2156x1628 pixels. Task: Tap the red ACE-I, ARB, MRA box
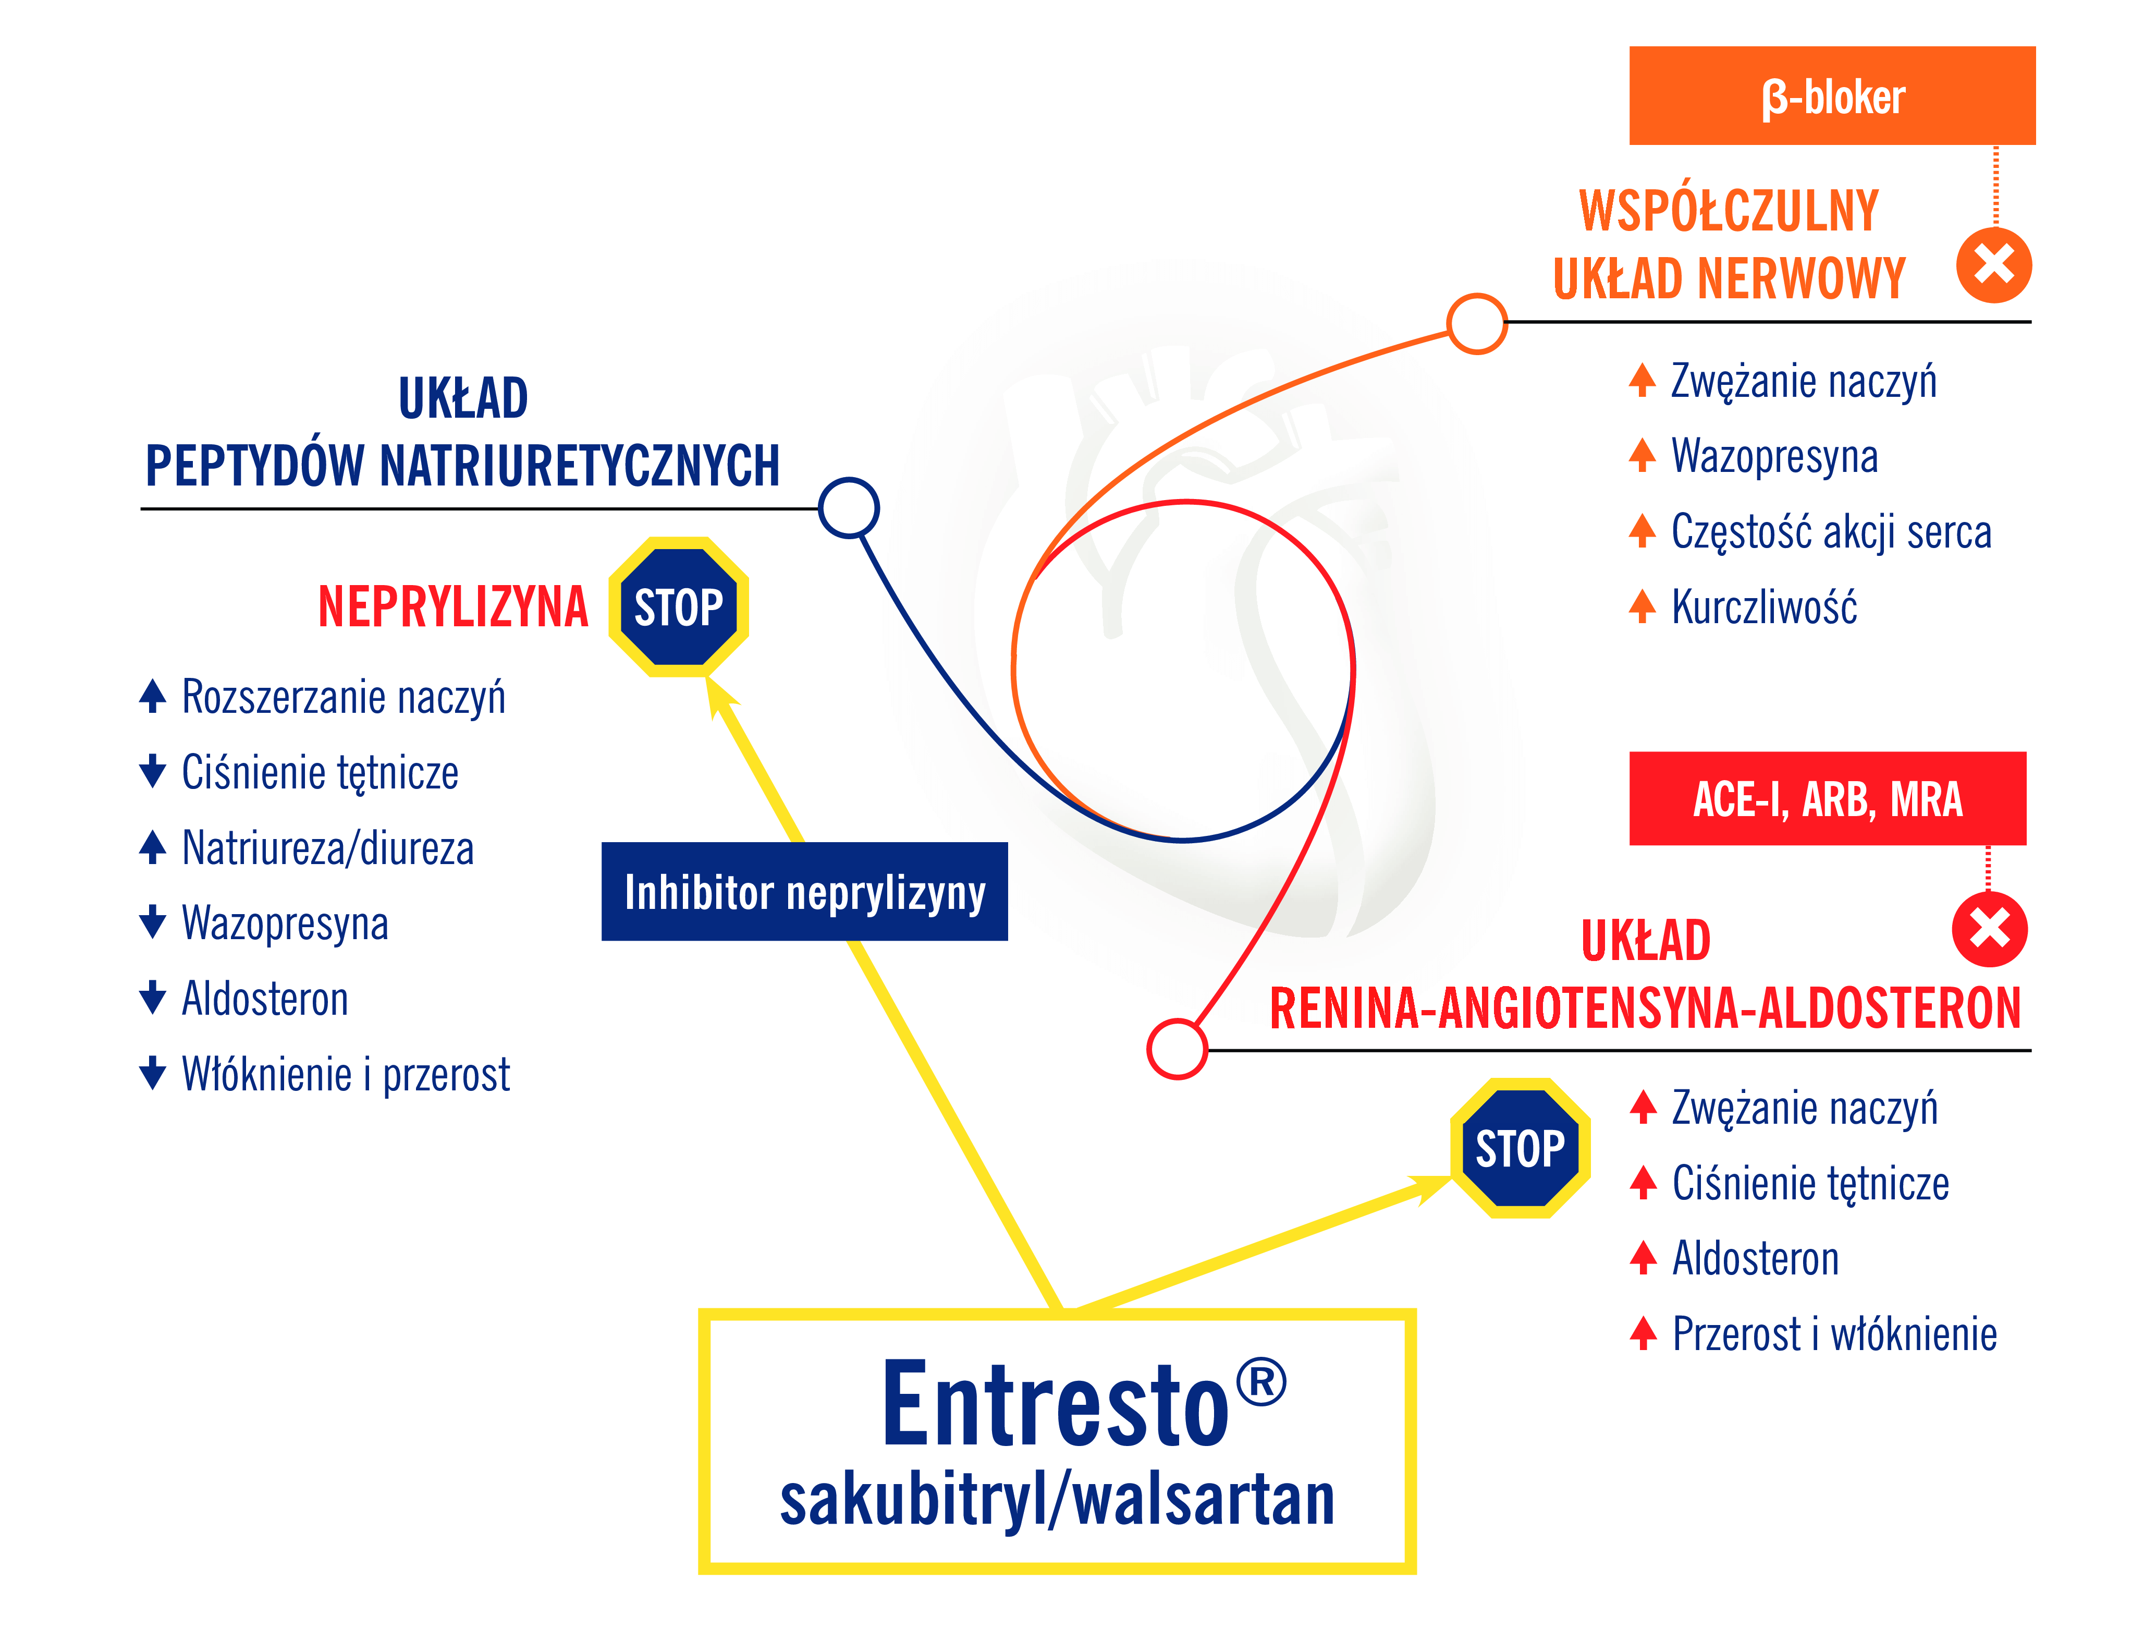[x=1828, y=798]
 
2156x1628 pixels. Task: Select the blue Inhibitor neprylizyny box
[x=804, y=891]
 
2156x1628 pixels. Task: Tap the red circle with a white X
[x=1989, y=929]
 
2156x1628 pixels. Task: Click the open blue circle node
[x=849, y=507]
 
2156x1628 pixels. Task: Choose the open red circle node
[x=1178, y=1049]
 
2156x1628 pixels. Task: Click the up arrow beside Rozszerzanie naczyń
[x=152, y=696]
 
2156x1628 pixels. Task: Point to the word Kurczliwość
[x=1764, y=606]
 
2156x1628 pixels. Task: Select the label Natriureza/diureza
[x=327, y=848]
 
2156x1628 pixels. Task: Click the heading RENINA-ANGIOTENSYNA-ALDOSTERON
[x=1645, y=1008]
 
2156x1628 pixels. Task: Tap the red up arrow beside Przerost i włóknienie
[x=1643, y=1333]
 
